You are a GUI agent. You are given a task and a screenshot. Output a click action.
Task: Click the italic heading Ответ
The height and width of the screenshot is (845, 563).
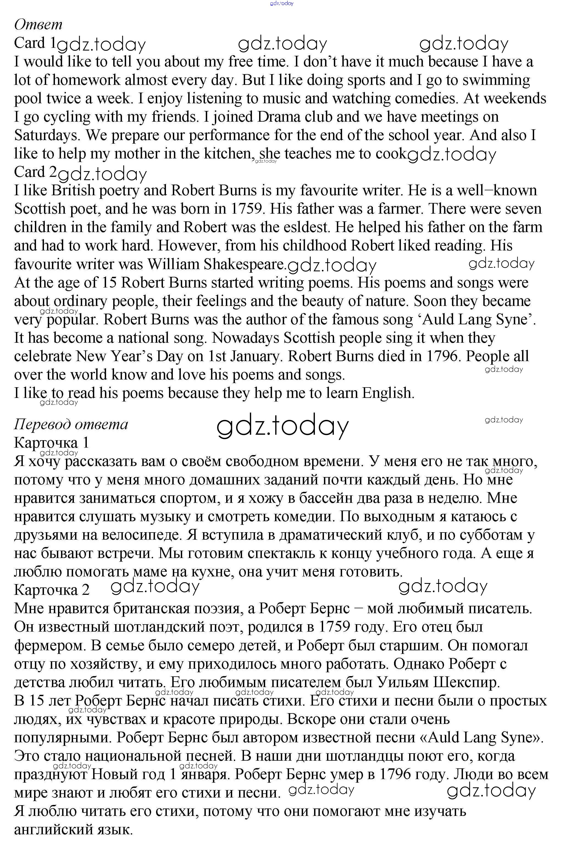click(38, 25)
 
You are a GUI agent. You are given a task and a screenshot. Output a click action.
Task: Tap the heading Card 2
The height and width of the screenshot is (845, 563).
click(35, 172)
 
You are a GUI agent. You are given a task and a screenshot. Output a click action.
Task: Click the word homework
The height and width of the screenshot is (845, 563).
click(86, 80)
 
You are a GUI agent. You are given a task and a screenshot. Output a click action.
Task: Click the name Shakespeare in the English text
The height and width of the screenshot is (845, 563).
click(245, 264)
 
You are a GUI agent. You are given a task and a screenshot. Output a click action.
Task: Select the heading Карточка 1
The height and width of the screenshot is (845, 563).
click(51, 443)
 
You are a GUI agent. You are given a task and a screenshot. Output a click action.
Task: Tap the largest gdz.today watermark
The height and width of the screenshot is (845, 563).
click(282, 426)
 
